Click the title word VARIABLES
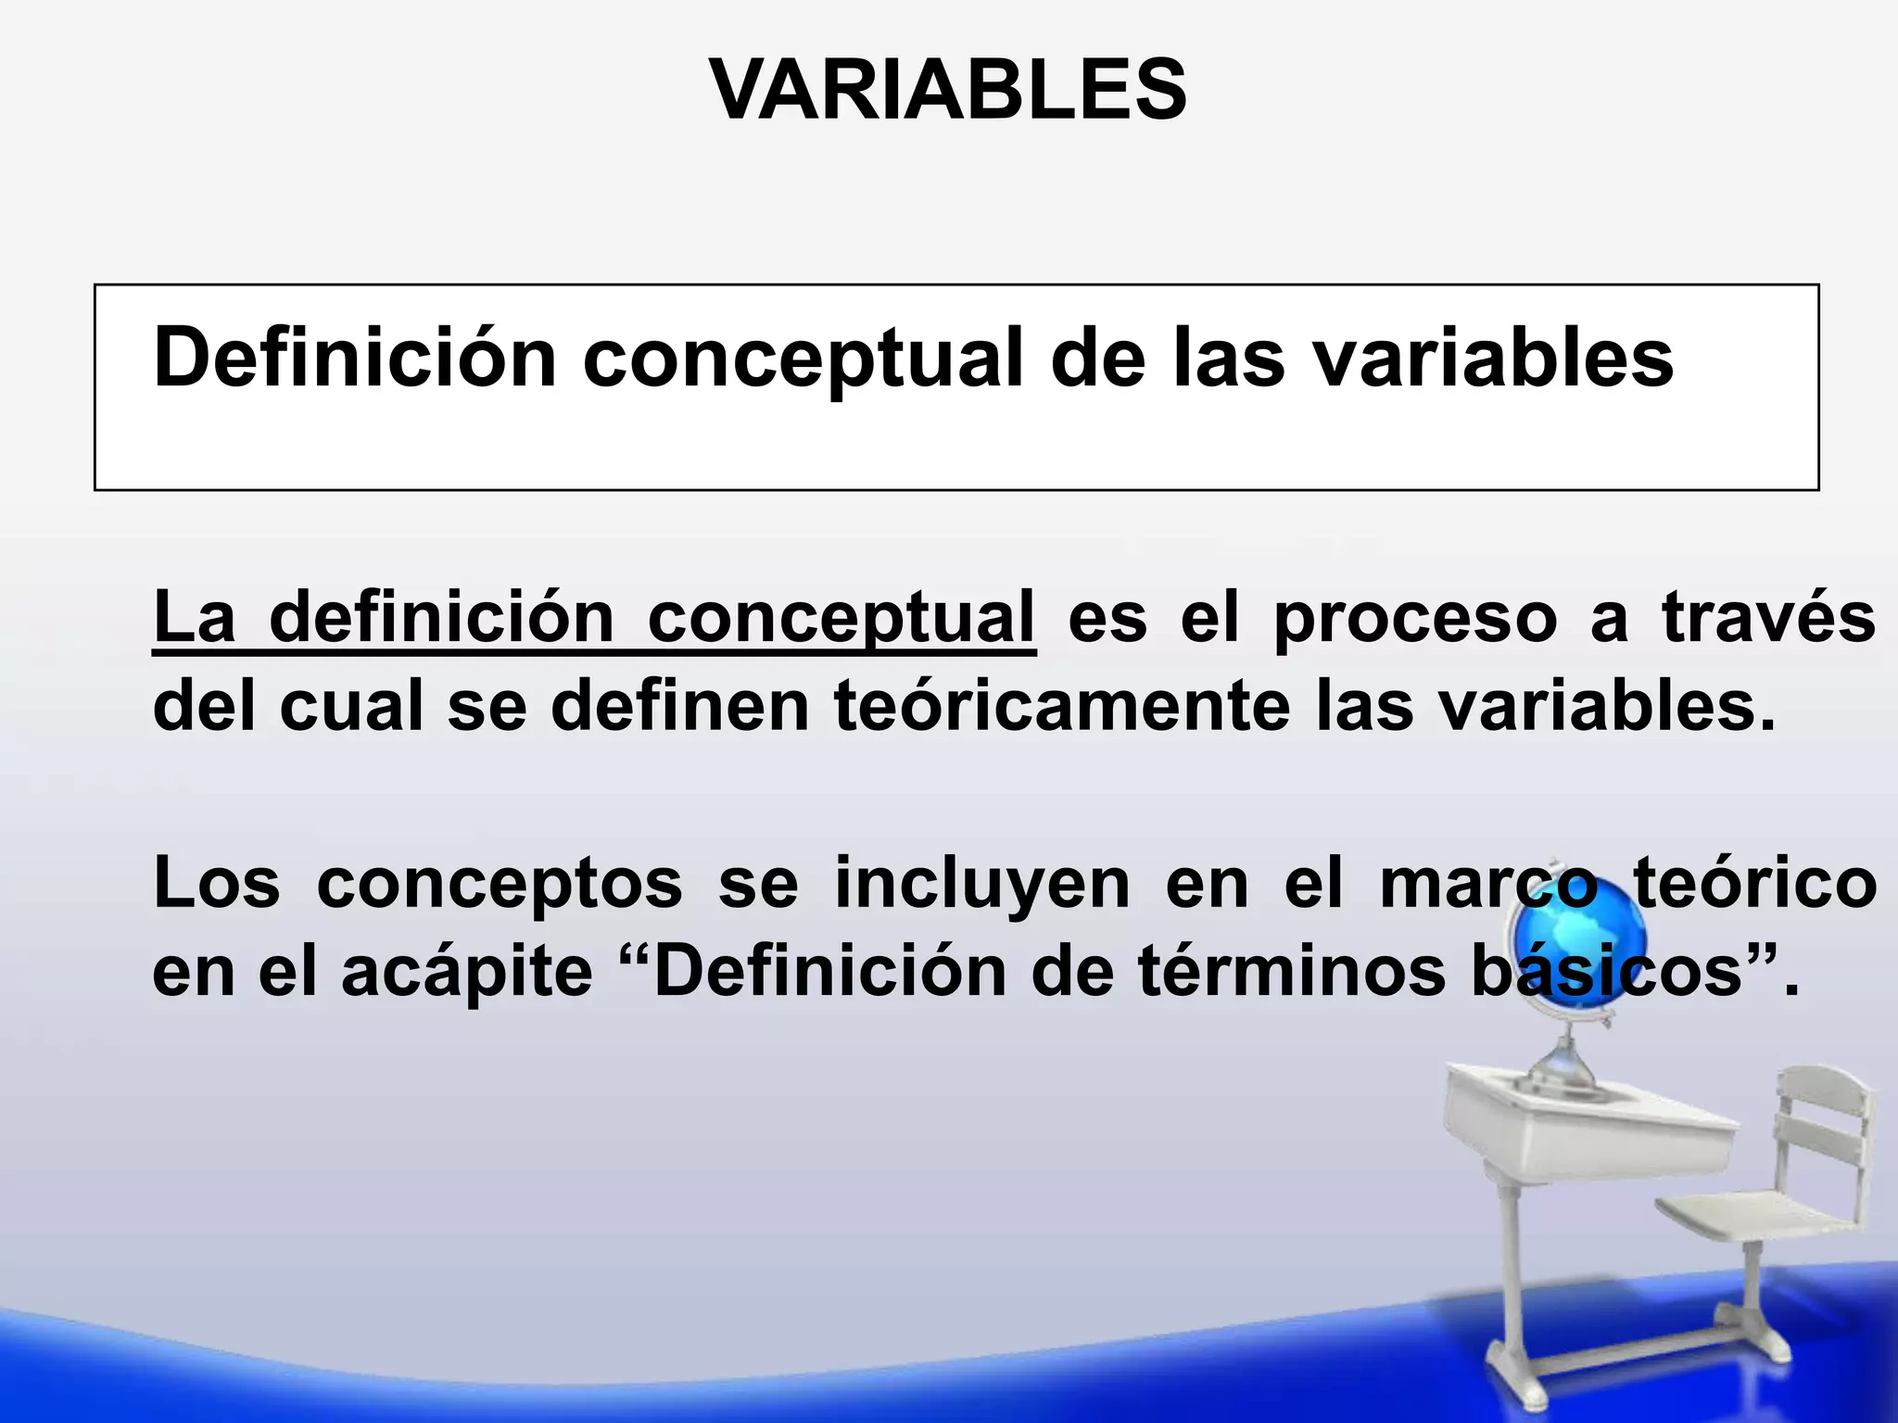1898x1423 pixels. (x=947, y=90)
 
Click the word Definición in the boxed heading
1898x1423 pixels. (x=354, y=359)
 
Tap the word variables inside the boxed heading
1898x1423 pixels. (x=1494, y=359)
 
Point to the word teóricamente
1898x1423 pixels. (x=1062, y=706)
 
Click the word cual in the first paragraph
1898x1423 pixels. (x=351, y=706)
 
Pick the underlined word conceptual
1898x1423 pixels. (x=840, y=618)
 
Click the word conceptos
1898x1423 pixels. (x=500, y=885)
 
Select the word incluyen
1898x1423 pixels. (x=981, y=885)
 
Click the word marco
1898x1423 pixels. (x=1488, y=885)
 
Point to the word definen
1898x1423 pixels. (x=680, y=706)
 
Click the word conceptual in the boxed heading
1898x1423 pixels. (x=803, y=359)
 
